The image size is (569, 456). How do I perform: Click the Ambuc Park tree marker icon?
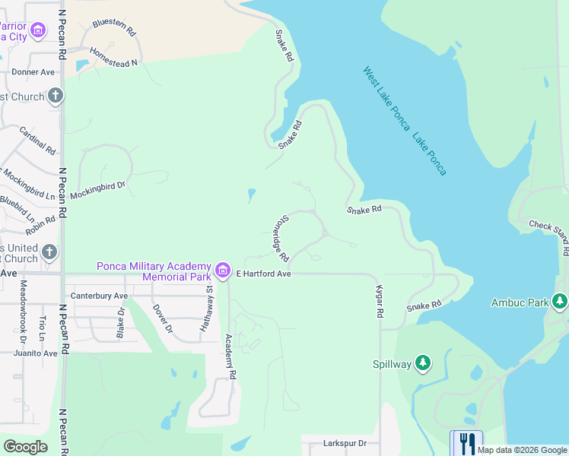pyautogui.click(x=560, y=302)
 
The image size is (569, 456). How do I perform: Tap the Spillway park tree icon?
pyautogui.click(x=423, y=363)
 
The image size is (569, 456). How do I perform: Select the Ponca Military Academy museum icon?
pyautogui.click(x=222, y=270)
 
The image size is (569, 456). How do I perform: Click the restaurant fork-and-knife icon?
pyautogui.click(x=466, y=443)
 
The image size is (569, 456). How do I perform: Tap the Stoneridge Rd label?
pyautogui.click(x=278, y=236)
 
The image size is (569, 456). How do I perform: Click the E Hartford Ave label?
pyautogui.click(x=264, y=274)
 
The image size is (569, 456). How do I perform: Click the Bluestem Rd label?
pyautogui.click(x=114, y=28)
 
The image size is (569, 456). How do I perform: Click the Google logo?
pyautogui.click(x=25, y=446)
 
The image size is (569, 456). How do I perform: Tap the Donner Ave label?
pyautogui.click(x=33, y=72)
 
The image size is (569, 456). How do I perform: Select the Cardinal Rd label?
pyautogui.click(x=37, y=140)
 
